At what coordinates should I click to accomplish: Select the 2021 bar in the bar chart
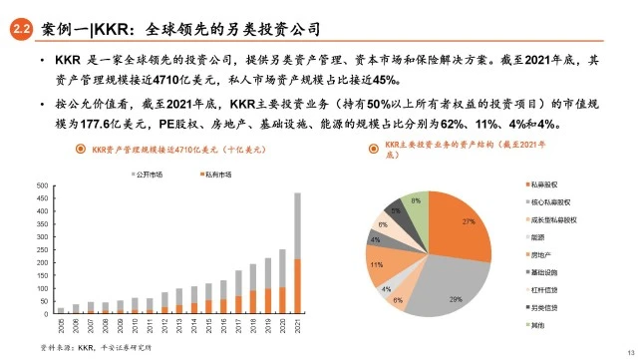(297, 254)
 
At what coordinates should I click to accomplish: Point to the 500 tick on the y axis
(43, 185)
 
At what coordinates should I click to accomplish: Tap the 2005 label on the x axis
(61, 328)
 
